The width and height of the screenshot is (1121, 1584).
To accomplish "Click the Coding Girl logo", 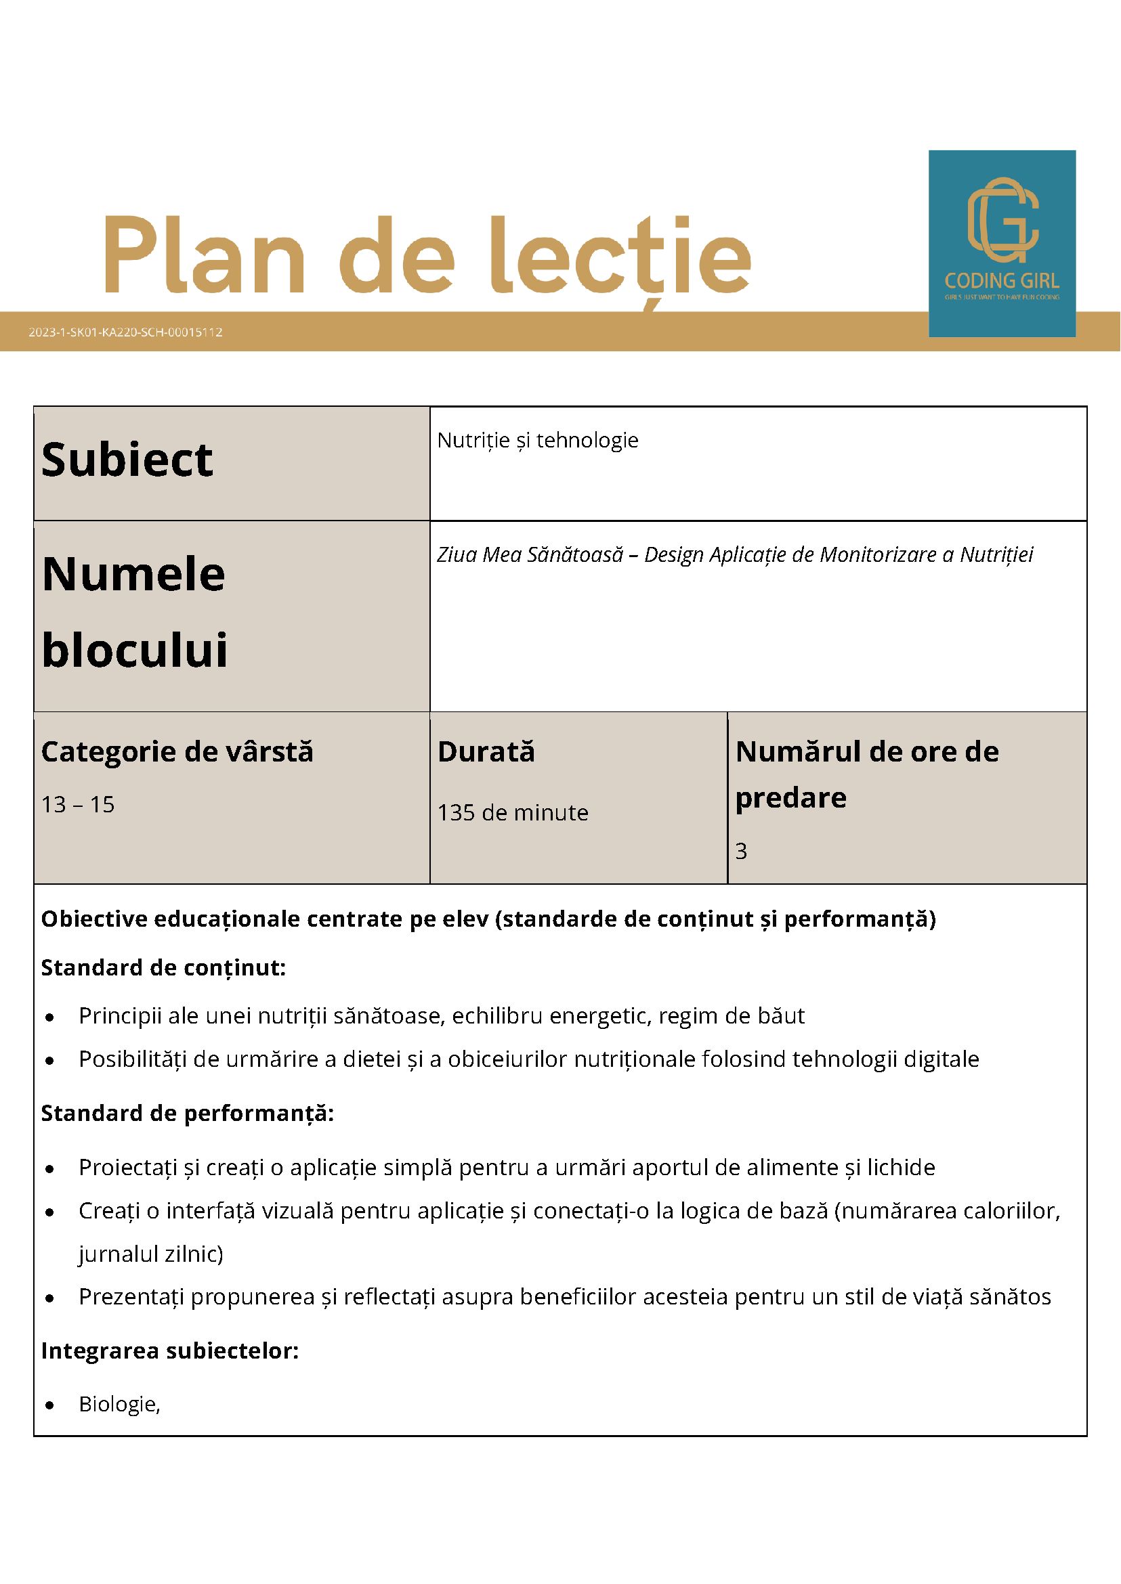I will [x=1002, y=243].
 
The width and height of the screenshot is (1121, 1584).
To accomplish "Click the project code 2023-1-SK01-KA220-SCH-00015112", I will [x=125, y=332].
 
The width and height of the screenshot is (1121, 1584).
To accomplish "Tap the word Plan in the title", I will [x=205, y=255].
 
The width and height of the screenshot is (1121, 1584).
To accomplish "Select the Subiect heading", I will [x=127, y=460].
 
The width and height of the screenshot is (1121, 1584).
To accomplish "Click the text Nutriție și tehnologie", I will [x=538, y=440].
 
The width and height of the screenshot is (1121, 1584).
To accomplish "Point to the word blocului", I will [x=135, y=650].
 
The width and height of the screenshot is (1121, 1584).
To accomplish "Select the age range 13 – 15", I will [x=78, y=804].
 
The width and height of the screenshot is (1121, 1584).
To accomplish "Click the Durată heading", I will [x=486, y=751].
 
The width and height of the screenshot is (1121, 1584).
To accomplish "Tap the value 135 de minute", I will [x=513, y=813].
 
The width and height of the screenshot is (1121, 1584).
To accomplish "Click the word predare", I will [x=791, y=797].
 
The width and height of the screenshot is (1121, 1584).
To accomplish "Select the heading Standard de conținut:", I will [x=163, y=967].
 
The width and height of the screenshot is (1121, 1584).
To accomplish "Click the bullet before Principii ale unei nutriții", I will [x=49, y=1017].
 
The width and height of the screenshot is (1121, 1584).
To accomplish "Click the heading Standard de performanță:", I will [x=187, y=1113].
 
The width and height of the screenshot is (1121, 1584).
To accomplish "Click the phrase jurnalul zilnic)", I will [x=151, y=1254].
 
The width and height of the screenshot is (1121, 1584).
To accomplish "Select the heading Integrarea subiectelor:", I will [x=170, y=1350].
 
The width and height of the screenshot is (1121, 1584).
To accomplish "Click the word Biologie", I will [x=118, y=1404].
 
